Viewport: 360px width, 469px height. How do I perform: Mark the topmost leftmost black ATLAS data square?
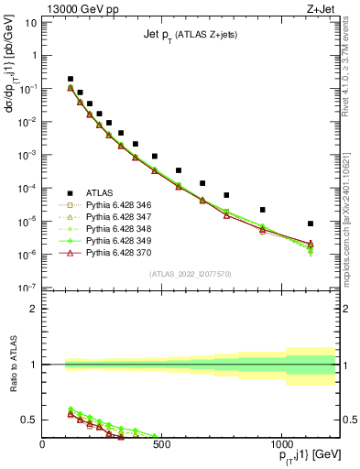click(x=71, y=79)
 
